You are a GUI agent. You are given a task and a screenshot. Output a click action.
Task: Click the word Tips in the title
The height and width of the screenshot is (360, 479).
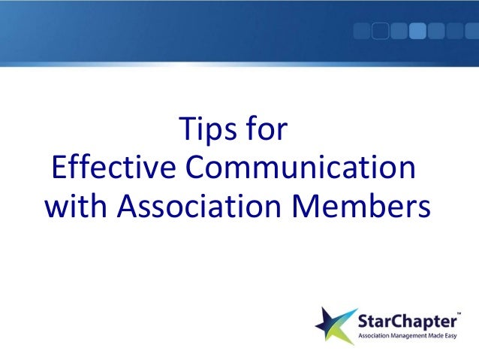coord(203,131)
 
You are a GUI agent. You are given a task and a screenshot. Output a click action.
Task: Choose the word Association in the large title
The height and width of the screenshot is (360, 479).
coord(199,204)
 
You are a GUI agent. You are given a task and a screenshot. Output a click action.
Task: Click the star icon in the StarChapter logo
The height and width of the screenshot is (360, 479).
coord(335,324)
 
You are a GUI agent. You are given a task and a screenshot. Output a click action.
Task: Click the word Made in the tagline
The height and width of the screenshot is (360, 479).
coord(441,334)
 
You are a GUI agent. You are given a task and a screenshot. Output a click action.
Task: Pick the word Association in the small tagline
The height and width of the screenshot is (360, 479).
coord(378,334)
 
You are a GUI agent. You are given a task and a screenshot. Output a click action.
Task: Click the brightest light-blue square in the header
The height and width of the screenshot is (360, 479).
coord(417,31)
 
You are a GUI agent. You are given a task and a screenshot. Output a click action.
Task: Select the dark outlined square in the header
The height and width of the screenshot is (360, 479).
coord(381,31)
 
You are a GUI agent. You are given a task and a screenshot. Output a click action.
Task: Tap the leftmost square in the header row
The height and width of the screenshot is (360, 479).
coord(362,31)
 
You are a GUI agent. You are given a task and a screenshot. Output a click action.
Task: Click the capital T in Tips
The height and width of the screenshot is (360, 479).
coord(182,131)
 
